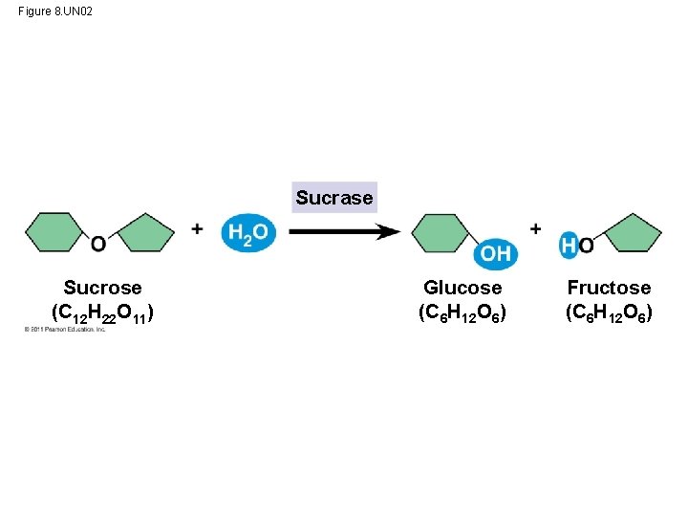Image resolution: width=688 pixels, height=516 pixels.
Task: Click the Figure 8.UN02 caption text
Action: tap(55, 11)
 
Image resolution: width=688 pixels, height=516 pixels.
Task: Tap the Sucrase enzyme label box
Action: tap(333, 198)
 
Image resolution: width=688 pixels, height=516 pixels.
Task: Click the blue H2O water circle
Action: tap(247, 232)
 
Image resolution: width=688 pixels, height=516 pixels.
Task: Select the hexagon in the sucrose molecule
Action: tap(55, 232)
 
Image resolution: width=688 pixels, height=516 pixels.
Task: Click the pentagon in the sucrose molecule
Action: tap(145, 233)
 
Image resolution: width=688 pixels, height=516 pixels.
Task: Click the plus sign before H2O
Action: tap(197, 228)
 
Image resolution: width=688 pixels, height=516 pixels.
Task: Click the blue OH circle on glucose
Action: tap(496, 253)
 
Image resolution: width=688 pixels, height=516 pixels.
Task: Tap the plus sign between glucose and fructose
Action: tap(535, 228)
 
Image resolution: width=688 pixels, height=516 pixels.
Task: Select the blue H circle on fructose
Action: tap(570, 246)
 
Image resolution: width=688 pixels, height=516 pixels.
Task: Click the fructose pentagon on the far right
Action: tap(633, 233)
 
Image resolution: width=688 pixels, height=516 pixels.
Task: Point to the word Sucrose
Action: tap(102, 288)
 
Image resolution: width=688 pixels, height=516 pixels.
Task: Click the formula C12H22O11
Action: tap(102, 312)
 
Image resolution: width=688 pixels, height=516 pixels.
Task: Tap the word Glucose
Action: tap(462, 288)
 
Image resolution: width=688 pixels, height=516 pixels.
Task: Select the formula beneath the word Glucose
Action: tap(462, 312)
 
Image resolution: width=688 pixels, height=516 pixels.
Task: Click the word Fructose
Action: tap(609, 288)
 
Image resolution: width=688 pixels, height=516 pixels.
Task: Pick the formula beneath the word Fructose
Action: tap(609, 312)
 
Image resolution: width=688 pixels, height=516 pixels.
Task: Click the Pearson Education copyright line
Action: tap(65, 330)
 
